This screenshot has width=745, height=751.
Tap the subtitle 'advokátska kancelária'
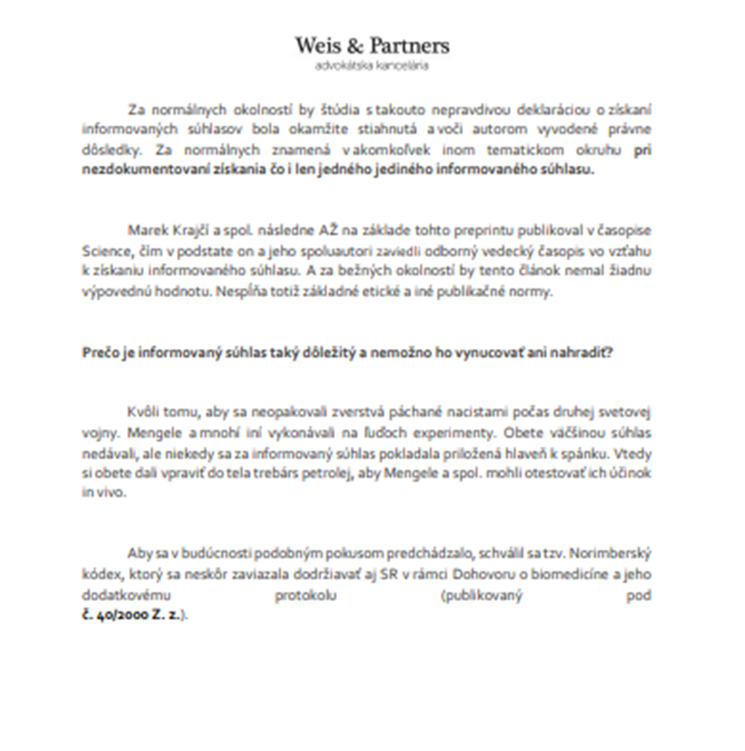point(371,66)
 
